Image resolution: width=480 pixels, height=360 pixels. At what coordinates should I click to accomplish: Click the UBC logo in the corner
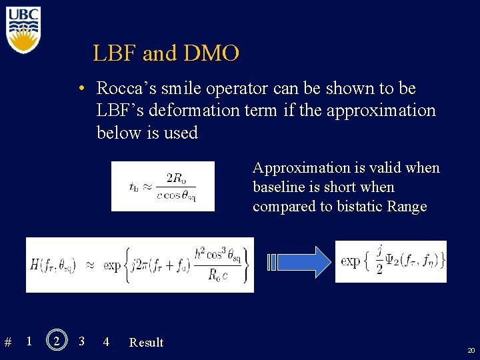tap(23, 29)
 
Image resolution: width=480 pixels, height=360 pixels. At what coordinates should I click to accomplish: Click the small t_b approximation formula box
tap(163, 186)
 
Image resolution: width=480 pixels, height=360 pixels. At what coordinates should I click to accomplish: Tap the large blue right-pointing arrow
tap(298, 262)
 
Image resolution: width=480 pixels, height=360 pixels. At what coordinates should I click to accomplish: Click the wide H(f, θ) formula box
tap(140, 265)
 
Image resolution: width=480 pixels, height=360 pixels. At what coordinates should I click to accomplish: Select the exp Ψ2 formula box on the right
tap(391, 261)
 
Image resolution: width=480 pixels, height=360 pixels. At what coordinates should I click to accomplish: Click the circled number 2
tap(57, 341)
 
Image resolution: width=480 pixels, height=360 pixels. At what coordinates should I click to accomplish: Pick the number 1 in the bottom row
tap(29, 341)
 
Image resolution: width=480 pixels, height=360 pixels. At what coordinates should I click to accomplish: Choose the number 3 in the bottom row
tap(81, 341)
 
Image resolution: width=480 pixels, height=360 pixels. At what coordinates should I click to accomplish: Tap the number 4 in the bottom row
tap(106, 341)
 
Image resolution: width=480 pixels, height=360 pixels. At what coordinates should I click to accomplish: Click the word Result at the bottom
tap(146, 343)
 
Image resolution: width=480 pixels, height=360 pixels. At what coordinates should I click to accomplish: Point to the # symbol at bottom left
tap(8, 343)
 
